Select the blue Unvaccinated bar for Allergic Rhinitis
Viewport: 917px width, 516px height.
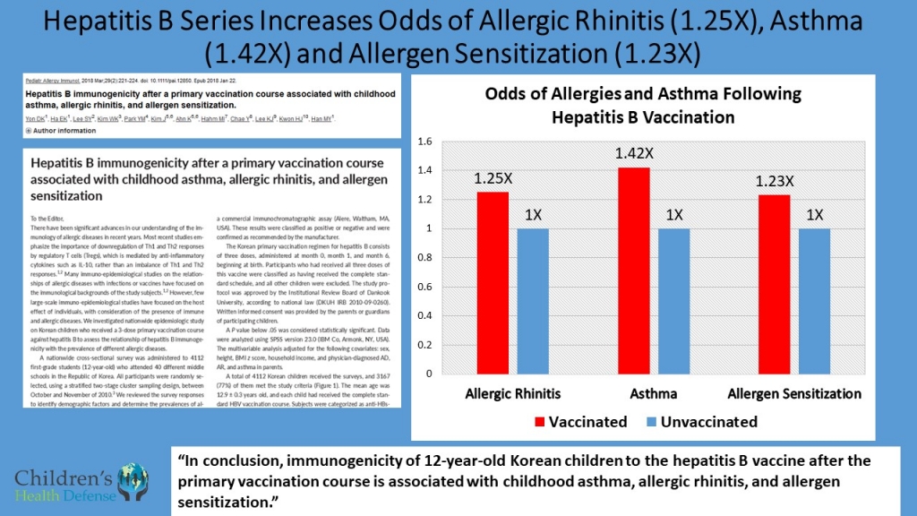(x=532, y=300)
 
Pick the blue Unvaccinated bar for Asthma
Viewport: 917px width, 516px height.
(x=673, y=300)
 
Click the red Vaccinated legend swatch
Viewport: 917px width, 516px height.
(x=539, y=422)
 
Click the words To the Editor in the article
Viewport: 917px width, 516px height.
(x=50, y=218)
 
